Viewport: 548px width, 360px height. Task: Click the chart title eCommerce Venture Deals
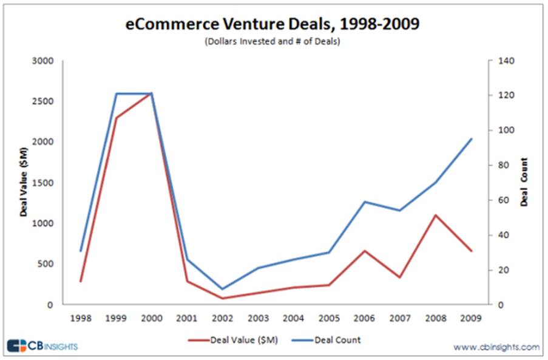tap(274, 25)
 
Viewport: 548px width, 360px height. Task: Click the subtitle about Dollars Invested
tap(274, 42)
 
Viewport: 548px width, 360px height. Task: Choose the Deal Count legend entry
tap(337, 339)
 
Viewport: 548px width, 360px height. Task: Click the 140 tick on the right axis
tap(506, 61)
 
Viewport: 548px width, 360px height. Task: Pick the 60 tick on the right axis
tap(504, 200)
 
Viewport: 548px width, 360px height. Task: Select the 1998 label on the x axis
tap(80, 318)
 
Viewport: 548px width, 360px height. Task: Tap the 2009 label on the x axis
tap(471, 318)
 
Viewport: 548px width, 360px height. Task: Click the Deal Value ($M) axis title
tap(24, 183)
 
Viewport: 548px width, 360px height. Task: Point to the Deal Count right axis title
tap(524, 182)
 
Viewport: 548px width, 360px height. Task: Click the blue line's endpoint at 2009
tap(472, 139)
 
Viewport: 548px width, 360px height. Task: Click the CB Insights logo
tap(42, 346)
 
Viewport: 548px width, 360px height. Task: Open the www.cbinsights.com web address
tap(496, 347)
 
